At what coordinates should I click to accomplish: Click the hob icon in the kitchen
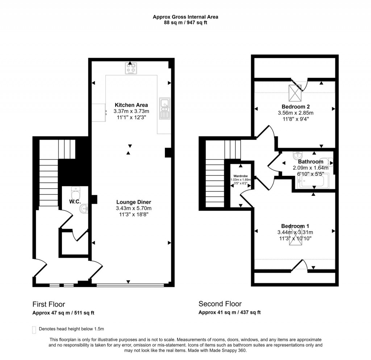[x=131, y=68]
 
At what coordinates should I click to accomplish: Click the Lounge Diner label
[x=133, y=202]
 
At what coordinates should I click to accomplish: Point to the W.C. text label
[x=75, y=202]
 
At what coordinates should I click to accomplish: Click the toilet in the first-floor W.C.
[x=75, y=191]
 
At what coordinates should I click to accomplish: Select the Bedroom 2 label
[x=295, y=107]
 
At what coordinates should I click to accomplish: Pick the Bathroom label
[x=310, y=162]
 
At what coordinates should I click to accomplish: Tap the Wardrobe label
[x=241, y=175]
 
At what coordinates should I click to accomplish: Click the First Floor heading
[x=49, y=304]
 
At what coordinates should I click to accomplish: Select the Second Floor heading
[x=220, y=304]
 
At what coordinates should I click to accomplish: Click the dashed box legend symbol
[x=34, y=329]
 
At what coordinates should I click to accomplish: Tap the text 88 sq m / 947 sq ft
[x=185, y=22]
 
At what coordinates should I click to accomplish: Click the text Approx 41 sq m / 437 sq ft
[x=229, y=313]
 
